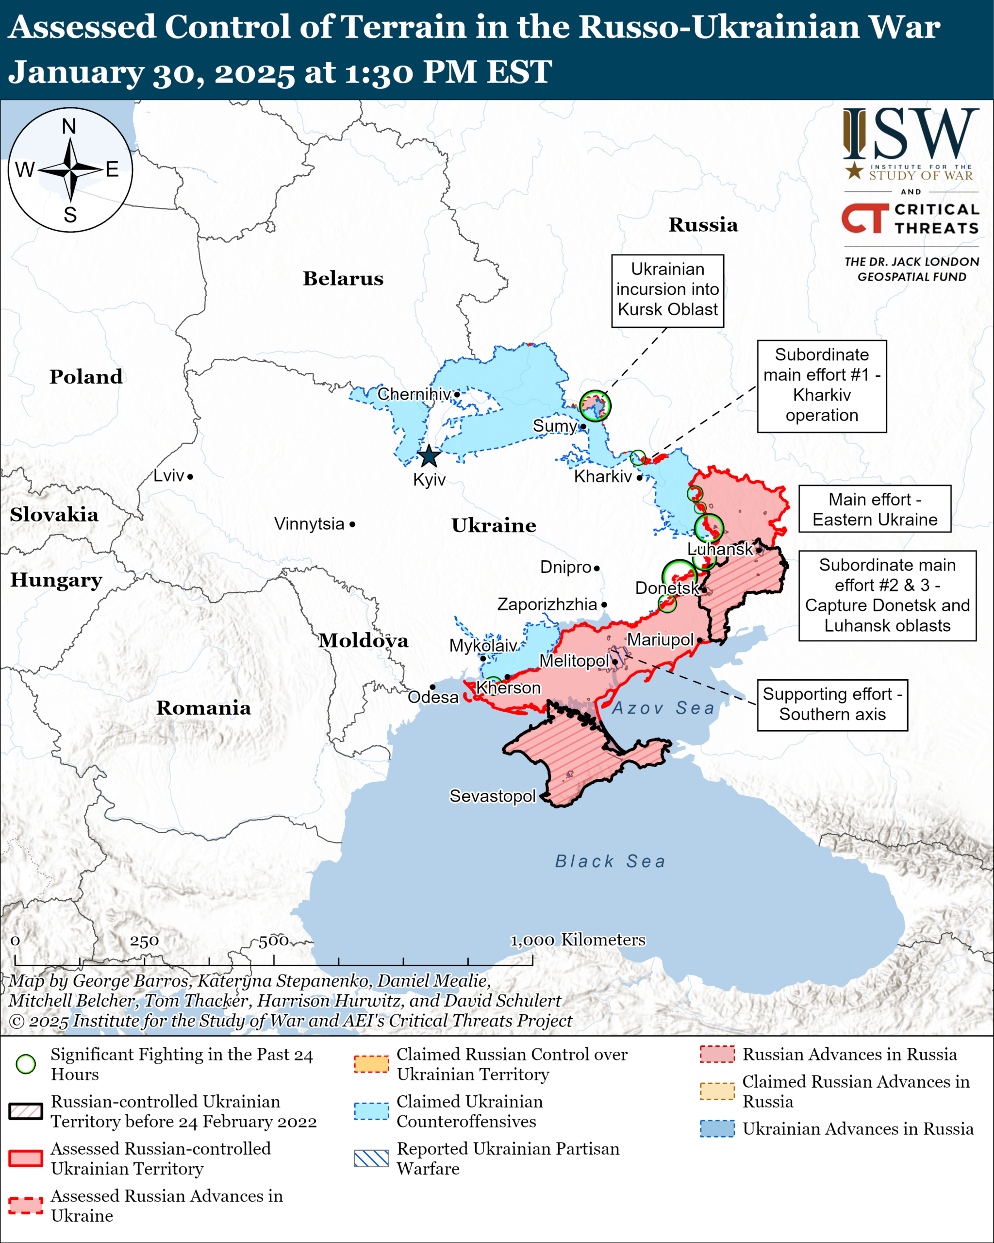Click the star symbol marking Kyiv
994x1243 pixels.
pos(429,456)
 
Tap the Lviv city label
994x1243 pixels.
pos(168,476)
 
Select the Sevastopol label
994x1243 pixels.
pos(492,796)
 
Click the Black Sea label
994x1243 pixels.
pos(610,861)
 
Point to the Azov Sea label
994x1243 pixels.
pos(663,708)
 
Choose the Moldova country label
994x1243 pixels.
pos(363,640)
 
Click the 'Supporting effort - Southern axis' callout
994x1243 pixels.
pos(832,705)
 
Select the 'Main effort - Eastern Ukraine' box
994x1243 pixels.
pos(874,509)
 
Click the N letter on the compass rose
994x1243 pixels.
pos(69,126)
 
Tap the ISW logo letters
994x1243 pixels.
pos(911,134)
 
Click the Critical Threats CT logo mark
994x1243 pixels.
pos(864,218)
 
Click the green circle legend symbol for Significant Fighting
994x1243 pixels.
pos(26,1064)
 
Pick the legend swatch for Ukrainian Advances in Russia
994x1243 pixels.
pos(717,1128)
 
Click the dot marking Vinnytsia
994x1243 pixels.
pos(352,524)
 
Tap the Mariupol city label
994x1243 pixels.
pos(660,640)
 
